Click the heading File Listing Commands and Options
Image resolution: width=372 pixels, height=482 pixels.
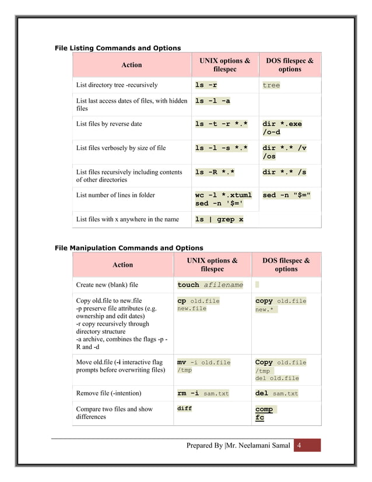pos(117,48)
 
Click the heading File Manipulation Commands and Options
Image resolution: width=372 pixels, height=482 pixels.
pos(128,248)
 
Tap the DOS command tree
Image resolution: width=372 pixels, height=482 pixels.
pos(271,85)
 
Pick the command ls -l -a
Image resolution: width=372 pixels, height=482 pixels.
pos(212,101)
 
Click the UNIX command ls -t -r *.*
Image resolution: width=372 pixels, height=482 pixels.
pos(221,124)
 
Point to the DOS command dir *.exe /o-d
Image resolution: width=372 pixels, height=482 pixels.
pos(282,128)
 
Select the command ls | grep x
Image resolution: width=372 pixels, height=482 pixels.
pos(219,219)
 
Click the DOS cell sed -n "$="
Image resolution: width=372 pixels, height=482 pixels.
pos(286,195)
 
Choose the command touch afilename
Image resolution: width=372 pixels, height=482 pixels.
pos(210,285)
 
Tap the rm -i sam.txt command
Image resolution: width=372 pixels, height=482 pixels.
pos(203,393)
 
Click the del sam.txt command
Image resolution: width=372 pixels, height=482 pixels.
pos(276,393)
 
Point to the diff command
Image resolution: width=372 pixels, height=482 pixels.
pos(184,409)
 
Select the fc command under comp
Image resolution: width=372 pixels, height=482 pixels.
pos(259,418)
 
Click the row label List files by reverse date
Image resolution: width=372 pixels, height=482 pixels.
pos(109,124)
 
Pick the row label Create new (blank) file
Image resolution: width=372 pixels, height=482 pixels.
pos(107,285)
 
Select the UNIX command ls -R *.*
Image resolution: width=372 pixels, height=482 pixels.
pos(215,172)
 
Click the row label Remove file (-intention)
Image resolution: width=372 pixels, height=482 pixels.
pos(108,393)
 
